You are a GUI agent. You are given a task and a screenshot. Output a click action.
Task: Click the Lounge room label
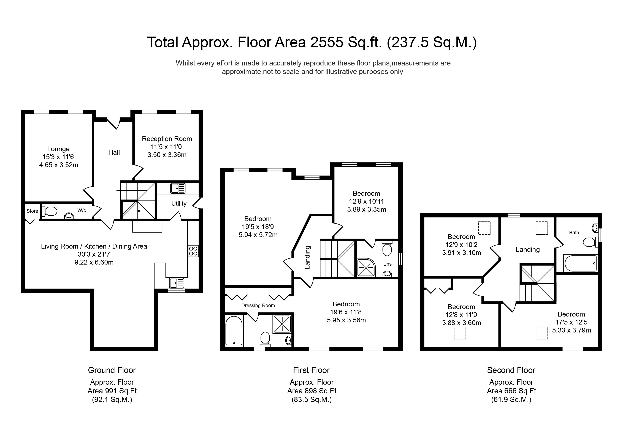[x=58, y=149]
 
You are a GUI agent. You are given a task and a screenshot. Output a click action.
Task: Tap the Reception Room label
[x=167, y=139]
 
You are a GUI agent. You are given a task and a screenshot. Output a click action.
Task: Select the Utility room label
[x=179, y=204]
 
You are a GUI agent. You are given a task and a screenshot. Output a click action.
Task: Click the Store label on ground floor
[x=32, y=211]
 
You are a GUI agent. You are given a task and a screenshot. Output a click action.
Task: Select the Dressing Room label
[x=258, y=306]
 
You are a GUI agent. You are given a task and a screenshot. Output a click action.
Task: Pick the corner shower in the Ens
[x=366, y=267]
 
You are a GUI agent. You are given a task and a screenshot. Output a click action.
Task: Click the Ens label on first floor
[x=388, y=264]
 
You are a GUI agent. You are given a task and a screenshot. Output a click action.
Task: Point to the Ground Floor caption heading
[x=112, y=370]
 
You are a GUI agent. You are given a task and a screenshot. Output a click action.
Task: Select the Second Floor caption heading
[x=511, y=370]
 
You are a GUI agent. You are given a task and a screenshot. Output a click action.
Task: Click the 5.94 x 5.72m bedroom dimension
[x=258, y=235]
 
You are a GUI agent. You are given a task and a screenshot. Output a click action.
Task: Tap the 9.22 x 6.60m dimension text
[x=94, y=262]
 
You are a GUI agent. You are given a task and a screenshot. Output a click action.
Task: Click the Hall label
[x=114, y=153]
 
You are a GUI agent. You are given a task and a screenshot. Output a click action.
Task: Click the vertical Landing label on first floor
[x=307, y=258]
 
